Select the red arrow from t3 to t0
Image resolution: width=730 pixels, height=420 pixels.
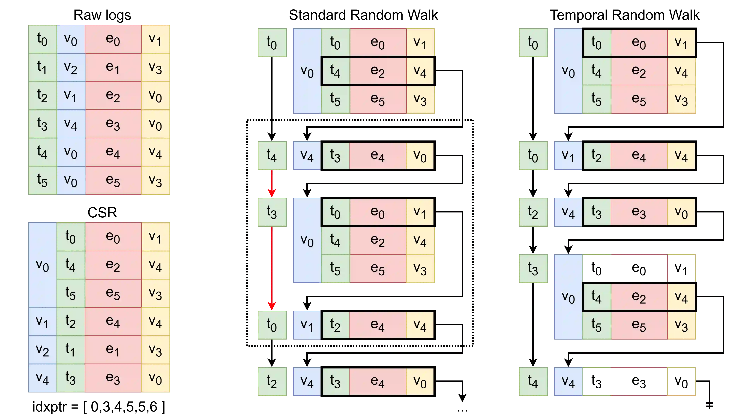point(272,268)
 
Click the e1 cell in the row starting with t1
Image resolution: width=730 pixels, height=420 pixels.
point(113,67)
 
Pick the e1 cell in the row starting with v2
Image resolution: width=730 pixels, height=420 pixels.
point(113,350)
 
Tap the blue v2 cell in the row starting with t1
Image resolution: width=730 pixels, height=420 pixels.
point(71,67)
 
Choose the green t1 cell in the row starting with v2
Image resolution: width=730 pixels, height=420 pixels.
point(71,350)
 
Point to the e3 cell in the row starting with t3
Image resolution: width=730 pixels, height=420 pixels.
point(113,124)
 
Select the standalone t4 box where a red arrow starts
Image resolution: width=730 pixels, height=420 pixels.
point(272,156)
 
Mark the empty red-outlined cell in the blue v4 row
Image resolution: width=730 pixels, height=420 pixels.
point(639,382)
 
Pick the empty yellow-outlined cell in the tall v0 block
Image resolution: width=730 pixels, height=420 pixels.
point(681,268)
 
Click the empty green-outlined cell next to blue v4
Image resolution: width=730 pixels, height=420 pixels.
point(596,382)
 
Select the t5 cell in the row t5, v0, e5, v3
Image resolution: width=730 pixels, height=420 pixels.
point(42,181)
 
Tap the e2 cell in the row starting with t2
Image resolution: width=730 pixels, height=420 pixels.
point(113,96)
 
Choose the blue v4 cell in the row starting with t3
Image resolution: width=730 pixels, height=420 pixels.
point(71,124)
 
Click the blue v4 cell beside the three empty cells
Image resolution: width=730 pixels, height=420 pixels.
point(568,382)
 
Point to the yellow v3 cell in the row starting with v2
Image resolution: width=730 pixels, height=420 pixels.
point(155,350)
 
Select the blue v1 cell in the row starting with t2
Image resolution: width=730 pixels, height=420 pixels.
point(71,96)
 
